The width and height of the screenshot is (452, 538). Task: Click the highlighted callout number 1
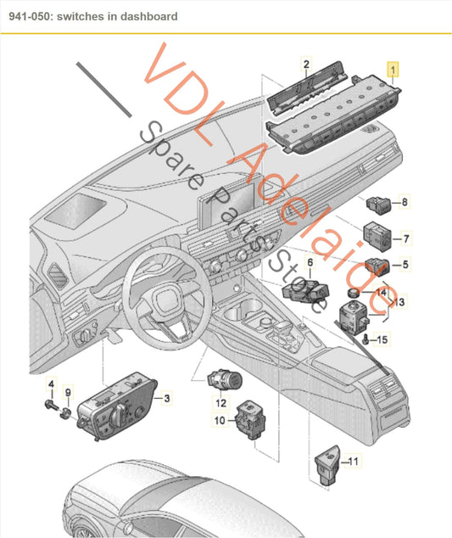[392, 67]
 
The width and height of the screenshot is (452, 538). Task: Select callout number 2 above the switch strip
[306, 64]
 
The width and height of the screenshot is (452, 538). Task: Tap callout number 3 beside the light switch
[167, 398]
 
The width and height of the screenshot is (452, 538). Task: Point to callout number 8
[405, 202]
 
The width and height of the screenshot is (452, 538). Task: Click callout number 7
[405, 239]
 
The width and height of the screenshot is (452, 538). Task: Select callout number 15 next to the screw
[382, 340]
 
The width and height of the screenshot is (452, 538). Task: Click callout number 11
[354, 462]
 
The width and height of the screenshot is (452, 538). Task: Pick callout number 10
[219, 420]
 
